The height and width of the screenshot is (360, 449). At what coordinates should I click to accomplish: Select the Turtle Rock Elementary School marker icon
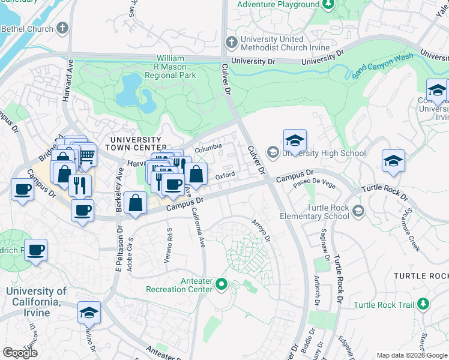tap(358, 211)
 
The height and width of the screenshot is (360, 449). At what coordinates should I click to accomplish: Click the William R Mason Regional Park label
tap(170, 68)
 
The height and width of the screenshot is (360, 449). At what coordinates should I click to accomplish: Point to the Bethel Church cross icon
tap(63, 28)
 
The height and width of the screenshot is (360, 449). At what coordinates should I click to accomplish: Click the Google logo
tap(20, 353)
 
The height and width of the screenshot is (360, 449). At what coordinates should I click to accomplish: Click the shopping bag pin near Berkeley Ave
tap(137, 204)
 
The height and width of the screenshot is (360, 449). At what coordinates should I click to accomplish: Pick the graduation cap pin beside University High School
tap(295, 141)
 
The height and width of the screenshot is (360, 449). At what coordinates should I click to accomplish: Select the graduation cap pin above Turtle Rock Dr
tap(393, 161)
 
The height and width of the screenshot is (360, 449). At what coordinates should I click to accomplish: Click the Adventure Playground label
tap(278, 5)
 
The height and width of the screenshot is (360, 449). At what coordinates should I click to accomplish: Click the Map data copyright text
tap(412, 355)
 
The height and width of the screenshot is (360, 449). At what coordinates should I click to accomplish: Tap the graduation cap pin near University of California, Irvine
tap(89, 313)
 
